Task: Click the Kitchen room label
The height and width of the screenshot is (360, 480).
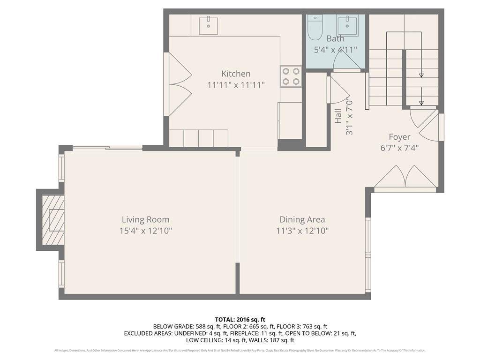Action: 236,74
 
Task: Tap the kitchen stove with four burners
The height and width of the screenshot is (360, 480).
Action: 291,76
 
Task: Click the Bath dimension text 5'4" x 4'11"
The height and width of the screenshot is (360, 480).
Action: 335,49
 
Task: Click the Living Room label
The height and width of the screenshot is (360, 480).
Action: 145,219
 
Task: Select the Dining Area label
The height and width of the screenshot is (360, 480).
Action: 302,219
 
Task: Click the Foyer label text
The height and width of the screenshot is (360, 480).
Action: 399,137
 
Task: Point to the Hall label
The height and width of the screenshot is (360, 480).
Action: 338,116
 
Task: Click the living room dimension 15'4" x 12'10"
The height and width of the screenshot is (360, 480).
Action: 145,231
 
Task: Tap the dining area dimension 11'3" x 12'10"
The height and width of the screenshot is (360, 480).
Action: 302,231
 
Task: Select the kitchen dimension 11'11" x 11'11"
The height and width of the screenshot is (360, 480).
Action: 236,85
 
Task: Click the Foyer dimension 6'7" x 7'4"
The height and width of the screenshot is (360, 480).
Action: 399,148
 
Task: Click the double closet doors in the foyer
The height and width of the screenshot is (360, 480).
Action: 405,178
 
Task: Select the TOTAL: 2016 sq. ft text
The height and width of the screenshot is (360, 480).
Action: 240,319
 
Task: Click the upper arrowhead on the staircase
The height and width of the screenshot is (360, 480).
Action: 421,75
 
